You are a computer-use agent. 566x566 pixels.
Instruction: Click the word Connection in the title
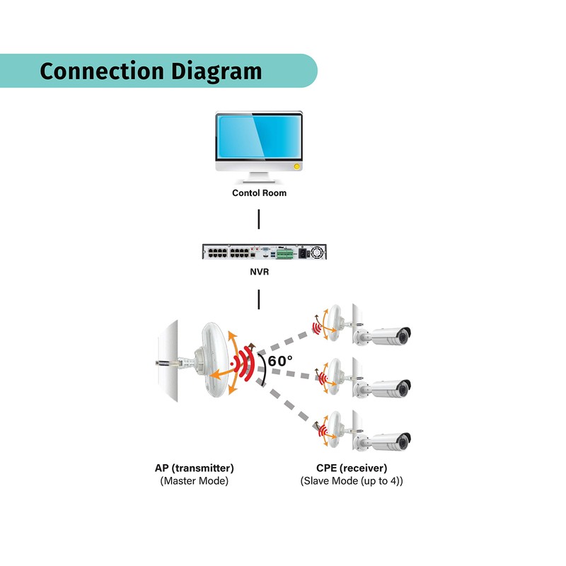pos(100,71)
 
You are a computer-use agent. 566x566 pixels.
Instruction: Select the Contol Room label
pos(259,192)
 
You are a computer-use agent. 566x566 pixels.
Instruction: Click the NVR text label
pos(259,270)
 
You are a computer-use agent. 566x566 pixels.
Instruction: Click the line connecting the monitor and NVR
pos(259,219)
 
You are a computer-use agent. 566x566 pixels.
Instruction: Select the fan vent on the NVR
pos(318,251)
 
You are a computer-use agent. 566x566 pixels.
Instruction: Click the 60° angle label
pos(280,360)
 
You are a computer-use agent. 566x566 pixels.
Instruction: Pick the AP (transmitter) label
pos(194,468)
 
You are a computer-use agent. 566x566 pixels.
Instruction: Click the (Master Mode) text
pos(194,481)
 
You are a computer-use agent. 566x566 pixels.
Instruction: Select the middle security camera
pos(391,388)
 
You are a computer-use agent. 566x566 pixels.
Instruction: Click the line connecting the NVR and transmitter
pos(259,299)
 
